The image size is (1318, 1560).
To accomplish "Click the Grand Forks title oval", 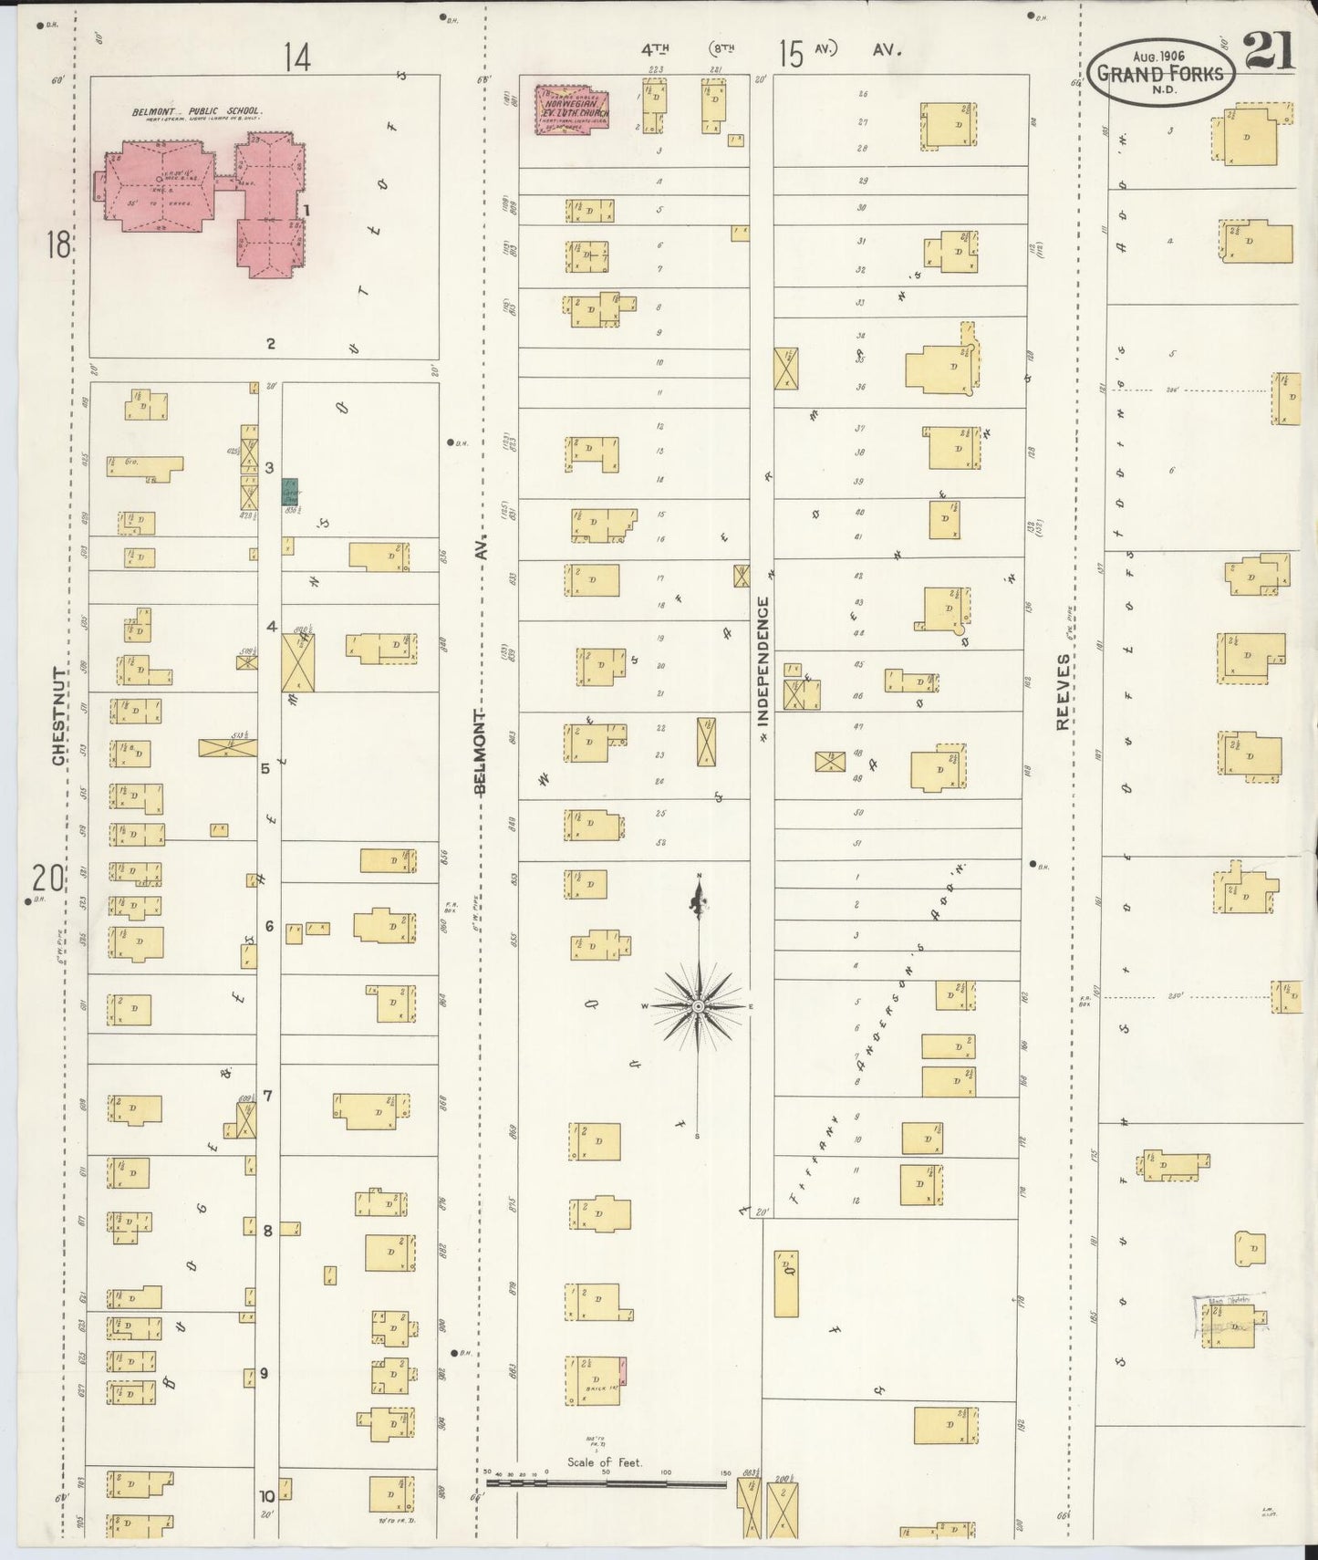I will [x=1160, y=73].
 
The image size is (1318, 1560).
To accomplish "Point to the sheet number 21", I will [x=1270, y=51].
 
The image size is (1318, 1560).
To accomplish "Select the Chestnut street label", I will [x=59, y=716].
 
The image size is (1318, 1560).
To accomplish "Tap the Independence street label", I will [x=763, y=661].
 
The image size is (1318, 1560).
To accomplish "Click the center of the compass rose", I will [x=698, y=1006].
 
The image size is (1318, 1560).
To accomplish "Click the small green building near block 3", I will [x=290, y=493].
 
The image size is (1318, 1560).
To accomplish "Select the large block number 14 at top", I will [x=296, y=57].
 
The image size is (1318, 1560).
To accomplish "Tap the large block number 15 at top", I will [x=791, y=55].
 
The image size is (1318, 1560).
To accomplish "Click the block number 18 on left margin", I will [x=58, y=244].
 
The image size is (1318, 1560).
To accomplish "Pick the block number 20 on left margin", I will [x=47, y=879].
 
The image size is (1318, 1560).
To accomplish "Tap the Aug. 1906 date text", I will [x=1160, y=56].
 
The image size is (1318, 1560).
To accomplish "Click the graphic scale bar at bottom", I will [x=607, y=1483].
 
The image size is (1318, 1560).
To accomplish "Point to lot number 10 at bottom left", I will [x=266, y=1496].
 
